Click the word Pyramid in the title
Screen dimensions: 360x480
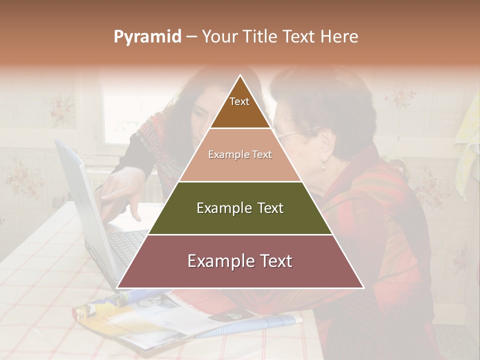coord(147,37)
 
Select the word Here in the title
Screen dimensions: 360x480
coord(339,36)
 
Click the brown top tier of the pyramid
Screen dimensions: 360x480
coord(240,110)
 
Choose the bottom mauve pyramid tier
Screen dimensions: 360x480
coord(240,272)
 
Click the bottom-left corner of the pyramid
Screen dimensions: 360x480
coord(118,287)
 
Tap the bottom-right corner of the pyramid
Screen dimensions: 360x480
coord(363,287)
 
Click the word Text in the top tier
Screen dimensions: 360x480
coord(239,101)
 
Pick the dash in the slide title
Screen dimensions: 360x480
coord(191,37)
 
